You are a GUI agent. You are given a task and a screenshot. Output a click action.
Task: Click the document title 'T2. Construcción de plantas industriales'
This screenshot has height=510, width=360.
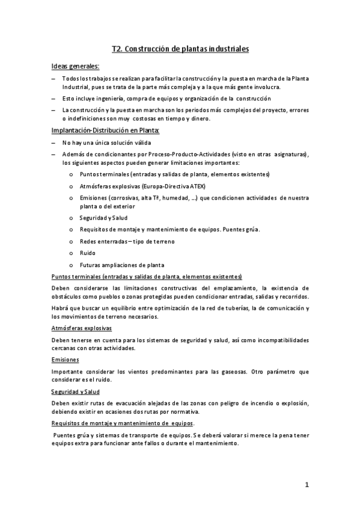tap(180, 48)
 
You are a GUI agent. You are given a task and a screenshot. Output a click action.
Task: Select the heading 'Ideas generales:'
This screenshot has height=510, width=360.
tap(76, 66)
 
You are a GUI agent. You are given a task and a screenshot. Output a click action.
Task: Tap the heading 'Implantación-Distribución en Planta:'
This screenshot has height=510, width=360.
tap(105, 130)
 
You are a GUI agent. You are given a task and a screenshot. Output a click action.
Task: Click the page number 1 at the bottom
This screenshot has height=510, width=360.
tap(306, 485)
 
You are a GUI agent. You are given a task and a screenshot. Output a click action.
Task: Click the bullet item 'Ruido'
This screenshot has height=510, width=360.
tap(87, 253)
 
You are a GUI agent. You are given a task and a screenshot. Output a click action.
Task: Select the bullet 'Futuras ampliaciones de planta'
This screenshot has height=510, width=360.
tap(121, 265)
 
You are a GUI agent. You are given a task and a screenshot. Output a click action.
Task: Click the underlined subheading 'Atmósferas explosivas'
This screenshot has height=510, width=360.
tap(82, 328)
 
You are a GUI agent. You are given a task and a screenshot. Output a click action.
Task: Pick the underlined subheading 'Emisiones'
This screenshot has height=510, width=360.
tap(66, 359)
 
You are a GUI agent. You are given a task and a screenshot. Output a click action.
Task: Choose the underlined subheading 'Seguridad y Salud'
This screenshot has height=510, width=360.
tap(75, 390)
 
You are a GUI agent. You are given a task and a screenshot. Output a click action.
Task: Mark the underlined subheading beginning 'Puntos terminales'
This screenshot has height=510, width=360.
tap(147, 276)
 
